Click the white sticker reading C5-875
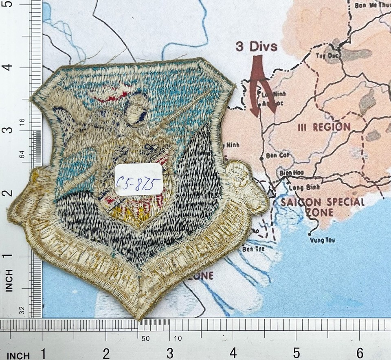(x=138, y=180)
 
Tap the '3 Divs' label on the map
(x=257, y=46)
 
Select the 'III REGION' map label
(x=324, y=127)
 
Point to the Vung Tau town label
(x=322, y=240)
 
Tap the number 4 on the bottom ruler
(x=233, y=352)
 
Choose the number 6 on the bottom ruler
(x=360, y=352)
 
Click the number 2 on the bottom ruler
(x=106, y=353)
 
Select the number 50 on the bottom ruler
(x=146, y=338)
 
